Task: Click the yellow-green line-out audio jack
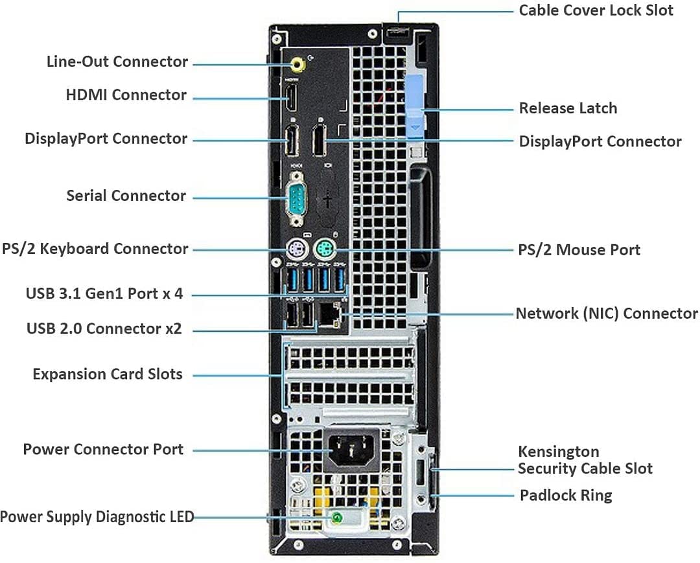pos(297,64)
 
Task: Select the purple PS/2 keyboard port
pos(295,249)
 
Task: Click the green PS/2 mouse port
pos(323,249)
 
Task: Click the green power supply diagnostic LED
pos(337,517)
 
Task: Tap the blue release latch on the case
pos(415,108)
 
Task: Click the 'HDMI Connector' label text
pos(126,95)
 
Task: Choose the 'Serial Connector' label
pos(126,196)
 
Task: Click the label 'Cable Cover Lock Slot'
pos(596,10)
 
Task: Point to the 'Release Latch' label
pos(568,108)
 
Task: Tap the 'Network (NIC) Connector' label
pos(606,314)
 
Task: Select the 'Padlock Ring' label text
pos(566,496)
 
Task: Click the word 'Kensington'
pos(558,452)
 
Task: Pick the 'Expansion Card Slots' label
pos(108,374)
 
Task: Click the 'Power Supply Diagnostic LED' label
pos(97,517)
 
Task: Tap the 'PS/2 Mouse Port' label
pos(579,249)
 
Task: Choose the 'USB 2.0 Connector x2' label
pos(104,328)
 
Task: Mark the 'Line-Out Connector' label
pos(117,62)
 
